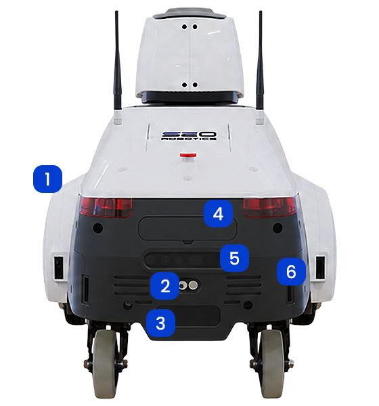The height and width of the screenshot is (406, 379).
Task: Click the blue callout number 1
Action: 47,179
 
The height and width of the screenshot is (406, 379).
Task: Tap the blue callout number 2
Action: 164,286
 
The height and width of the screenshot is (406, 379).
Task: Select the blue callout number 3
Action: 160,323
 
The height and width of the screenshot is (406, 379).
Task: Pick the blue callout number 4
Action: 218,214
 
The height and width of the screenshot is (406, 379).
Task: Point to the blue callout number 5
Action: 234,258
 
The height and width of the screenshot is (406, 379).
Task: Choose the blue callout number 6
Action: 291,271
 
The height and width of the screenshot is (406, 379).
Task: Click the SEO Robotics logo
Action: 189,136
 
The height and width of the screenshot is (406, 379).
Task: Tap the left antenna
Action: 117,60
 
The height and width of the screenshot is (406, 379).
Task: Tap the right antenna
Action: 260,60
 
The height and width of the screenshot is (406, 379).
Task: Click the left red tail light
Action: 106,206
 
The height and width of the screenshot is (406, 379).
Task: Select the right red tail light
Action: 270,207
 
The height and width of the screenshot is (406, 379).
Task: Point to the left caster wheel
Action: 106,364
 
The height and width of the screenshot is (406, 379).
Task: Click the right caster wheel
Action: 271,364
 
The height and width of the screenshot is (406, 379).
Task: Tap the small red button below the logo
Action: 188,155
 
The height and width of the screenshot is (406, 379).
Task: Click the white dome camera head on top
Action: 189,54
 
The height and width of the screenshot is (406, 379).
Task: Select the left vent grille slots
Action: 132,286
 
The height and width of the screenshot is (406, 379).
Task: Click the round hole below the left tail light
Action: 98,228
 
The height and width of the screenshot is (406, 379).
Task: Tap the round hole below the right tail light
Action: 277,228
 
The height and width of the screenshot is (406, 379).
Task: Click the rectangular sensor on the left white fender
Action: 59,267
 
